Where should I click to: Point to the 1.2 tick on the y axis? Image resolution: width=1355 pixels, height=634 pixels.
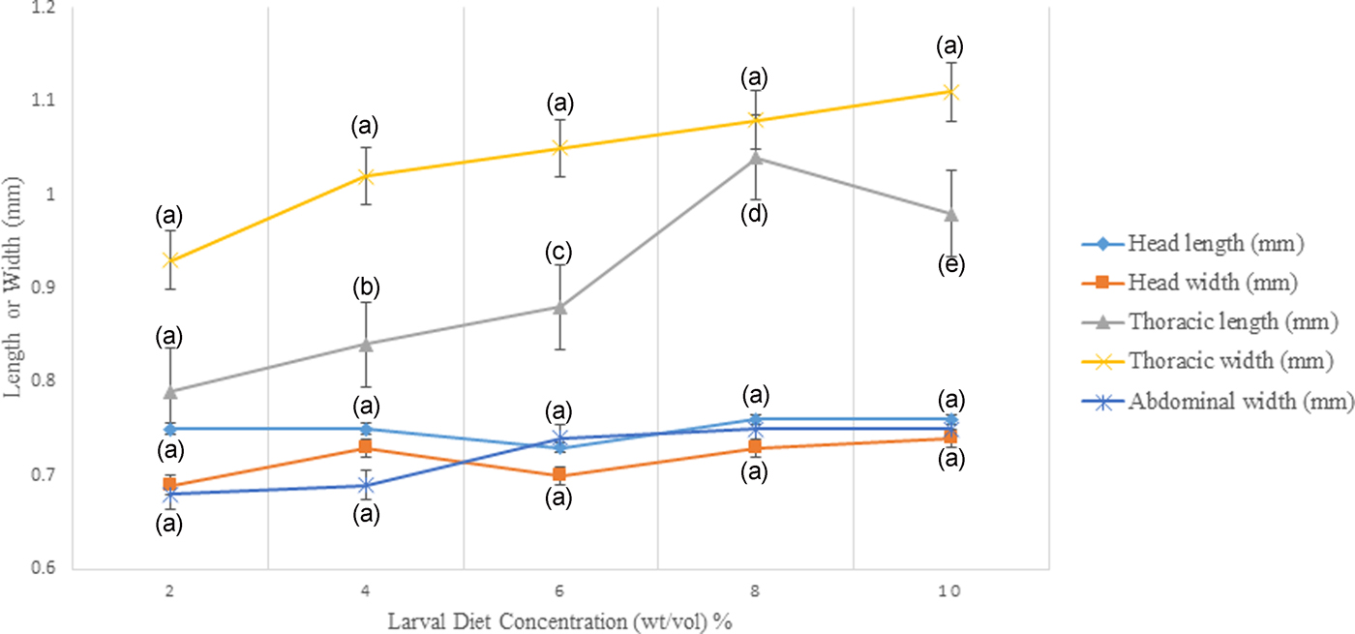click(x=43, y=9)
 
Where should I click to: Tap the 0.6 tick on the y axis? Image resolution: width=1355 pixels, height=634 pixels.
click(x=43, y=568)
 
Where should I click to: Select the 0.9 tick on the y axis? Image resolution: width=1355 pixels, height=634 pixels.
click(x=43, y=288)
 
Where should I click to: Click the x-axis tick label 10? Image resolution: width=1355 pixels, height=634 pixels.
click(x=949, y=591)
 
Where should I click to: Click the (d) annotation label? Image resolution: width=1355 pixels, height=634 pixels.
click(x=754, y=214)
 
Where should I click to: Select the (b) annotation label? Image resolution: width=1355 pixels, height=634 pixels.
click(x=365, y=287)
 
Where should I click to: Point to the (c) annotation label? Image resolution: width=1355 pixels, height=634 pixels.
click(x=559, y=254)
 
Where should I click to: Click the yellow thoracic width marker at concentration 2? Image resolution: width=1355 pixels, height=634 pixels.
click(x=170, y=260)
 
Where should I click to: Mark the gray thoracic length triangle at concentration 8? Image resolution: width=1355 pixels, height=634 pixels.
click(x=754, y=158)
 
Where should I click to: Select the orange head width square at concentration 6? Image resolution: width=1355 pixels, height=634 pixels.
click(x=559, y=474)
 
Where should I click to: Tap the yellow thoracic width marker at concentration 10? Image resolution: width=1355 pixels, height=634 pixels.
click(x=949, y=92)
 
